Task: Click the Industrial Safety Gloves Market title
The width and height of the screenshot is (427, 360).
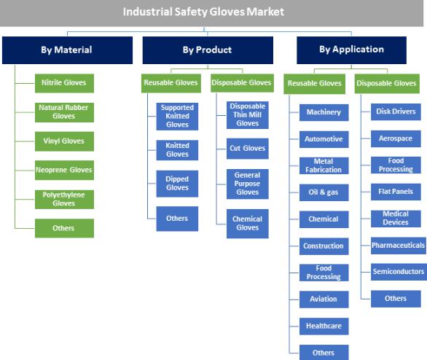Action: coord(203,12)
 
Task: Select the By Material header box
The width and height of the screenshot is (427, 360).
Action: coord(67,50)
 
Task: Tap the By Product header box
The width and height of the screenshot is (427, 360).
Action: coord(208,50)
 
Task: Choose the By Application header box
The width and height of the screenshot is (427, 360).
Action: coord(351,50)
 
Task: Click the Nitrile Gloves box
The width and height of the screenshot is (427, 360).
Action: coord(64,83)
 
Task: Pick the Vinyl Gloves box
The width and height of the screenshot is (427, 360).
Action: coord(64,141)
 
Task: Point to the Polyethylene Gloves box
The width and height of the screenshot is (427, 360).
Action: coord(64,200)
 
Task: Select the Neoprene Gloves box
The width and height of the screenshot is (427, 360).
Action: coord(64,171)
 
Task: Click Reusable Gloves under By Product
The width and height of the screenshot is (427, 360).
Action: coord(171,83)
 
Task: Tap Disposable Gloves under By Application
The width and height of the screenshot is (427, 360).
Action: coord(387,84)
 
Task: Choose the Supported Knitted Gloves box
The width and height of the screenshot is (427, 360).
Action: coord(177,117)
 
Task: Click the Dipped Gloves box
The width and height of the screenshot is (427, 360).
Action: coord(177,184)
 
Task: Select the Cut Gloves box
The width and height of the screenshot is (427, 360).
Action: coord(248,149)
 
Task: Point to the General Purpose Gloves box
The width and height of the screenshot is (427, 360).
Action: coord(248,184)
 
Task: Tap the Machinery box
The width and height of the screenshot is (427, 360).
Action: coord(324,112)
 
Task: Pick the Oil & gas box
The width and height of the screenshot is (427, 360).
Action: coord(324,192)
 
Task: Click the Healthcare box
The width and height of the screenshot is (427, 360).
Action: coord(324,326)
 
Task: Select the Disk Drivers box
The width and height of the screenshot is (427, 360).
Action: coord(396,111)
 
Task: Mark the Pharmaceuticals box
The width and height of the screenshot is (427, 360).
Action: coord(399,246)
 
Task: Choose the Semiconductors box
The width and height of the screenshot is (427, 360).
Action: coord(399,272)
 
